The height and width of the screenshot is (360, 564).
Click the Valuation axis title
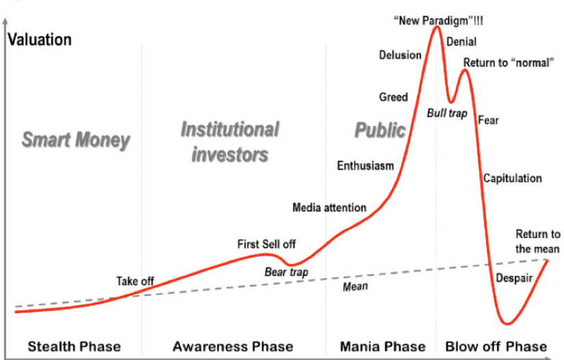40,40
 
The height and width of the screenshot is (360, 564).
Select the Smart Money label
75,140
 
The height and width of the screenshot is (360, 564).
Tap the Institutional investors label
230,142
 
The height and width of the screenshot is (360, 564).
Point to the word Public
380,130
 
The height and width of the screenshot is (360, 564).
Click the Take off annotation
135,281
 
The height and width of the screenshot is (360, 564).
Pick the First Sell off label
266,244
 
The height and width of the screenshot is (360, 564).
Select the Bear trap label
286,272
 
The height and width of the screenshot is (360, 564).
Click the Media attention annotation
329,207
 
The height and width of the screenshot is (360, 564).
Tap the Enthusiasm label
366,166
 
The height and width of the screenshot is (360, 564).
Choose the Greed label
394,97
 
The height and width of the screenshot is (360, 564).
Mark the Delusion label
400,55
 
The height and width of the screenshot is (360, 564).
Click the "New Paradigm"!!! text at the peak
439,21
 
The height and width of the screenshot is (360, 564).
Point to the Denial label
461,42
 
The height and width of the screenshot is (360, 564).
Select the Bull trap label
447,114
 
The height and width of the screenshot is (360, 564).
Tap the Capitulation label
513,178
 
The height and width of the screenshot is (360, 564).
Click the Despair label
514,278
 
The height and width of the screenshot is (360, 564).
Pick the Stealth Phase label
75,347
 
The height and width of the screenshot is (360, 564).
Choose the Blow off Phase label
496,347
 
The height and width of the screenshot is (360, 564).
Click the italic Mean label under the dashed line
355,287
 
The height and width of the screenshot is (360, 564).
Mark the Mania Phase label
383,347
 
